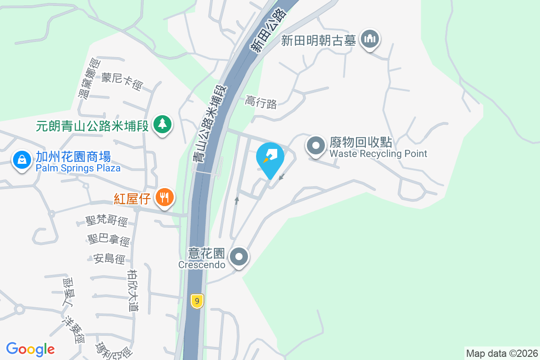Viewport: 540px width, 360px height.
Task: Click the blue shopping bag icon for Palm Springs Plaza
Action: [x=21, y=160]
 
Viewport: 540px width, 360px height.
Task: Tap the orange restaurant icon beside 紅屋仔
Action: [x=165, y=197]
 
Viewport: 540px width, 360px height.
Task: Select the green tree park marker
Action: [x=162, y=124]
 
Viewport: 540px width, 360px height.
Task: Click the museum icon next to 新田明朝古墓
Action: [x=370, y=39]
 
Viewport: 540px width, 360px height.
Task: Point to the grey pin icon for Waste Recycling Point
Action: [x=316, y=146]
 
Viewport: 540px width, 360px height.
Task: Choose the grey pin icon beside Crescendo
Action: [x=239, y=257]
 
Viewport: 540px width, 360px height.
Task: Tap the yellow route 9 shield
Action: [x=197, y=301]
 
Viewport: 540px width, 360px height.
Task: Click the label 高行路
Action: [x=261, y=103]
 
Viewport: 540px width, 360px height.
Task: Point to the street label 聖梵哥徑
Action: [x=107, y=221]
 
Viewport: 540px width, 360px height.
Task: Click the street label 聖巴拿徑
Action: [x=109, y=240]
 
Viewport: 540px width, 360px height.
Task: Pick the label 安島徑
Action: [x=109, y=259]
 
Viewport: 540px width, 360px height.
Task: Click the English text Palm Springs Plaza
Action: [x=78, y=168]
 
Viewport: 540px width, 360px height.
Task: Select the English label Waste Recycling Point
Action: [x=378, y=154]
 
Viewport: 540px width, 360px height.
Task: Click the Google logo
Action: [x=30, y=349]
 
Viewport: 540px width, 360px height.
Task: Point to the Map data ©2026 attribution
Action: [x=502, y=353]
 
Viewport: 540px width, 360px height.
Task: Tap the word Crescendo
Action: [x=202, y=265]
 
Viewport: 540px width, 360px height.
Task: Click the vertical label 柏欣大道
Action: [x=133, y=290]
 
